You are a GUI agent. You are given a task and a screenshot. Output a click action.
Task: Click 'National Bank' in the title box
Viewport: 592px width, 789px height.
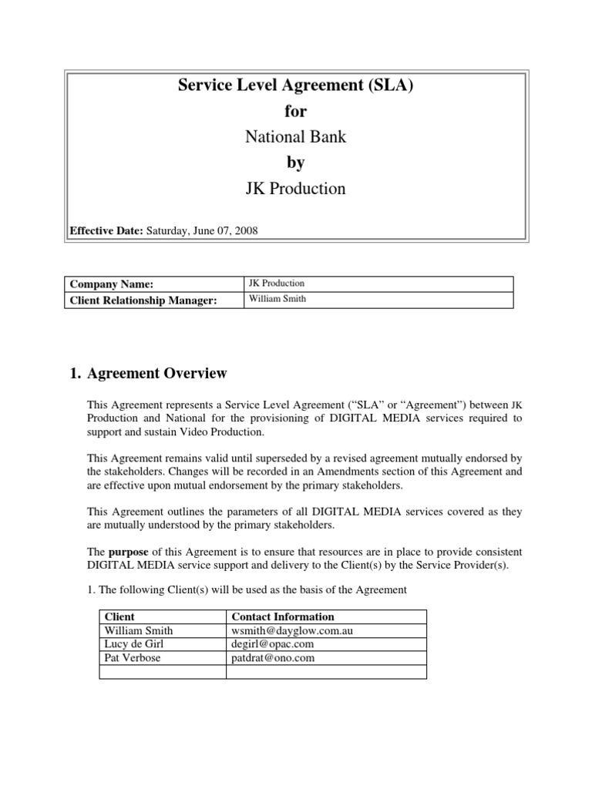click(x=296, y=137)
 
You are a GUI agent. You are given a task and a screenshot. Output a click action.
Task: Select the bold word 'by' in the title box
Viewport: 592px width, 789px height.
click(x=296, y=163)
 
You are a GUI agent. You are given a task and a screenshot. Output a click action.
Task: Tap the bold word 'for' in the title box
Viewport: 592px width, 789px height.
click(x=296, y=112)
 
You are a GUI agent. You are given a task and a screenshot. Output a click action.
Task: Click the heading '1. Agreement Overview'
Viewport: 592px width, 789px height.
click(x=148, y=374)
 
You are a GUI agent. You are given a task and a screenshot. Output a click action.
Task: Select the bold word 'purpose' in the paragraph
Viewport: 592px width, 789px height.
click(x=127, y=552)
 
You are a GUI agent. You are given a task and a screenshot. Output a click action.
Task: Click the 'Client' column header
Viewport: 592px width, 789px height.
click(x=119, y=616)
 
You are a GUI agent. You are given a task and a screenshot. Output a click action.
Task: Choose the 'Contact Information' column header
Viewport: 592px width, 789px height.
click(x=283, y=616)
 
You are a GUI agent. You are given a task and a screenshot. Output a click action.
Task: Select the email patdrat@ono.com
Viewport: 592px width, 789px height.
click(x=273, y=658)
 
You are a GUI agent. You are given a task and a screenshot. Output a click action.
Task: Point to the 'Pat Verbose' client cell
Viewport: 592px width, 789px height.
click(x=132, y=658)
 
